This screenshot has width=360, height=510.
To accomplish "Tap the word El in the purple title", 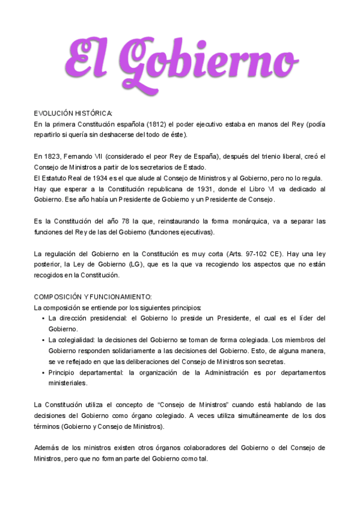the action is [91, 59].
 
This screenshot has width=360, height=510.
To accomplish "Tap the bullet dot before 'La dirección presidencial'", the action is [43, 318].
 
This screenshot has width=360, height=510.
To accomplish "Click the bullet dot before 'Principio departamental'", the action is [43, 373].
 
